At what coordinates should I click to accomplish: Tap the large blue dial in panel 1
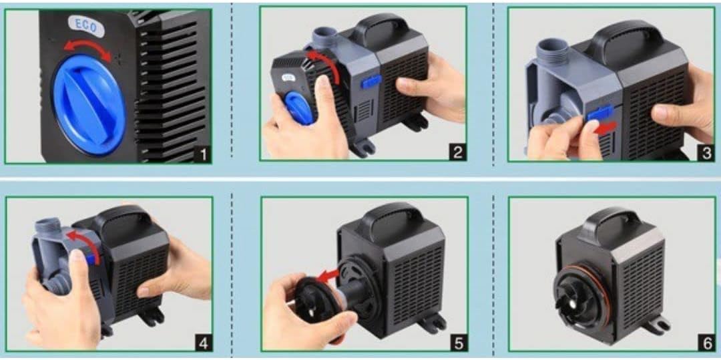(x=89, y=105)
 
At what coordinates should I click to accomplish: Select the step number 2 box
(x=457, y=152)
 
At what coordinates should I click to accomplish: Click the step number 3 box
(x=706, y=153)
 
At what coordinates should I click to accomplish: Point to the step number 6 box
(x=707, y=343)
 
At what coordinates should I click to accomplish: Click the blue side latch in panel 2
(x=371, y=82)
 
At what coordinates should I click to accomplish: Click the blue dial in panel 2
(x=299, y=108)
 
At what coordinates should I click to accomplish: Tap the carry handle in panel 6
(x=608, y=224)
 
